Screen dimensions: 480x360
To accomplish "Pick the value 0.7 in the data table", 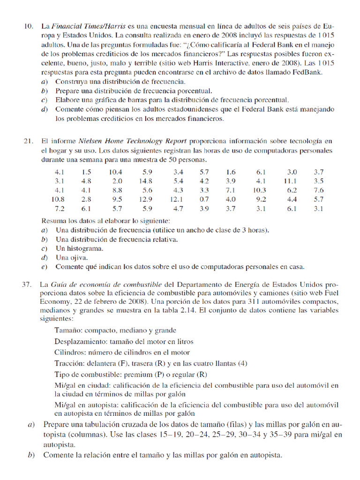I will tap(204, 199).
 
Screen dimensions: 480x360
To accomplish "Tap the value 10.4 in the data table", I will tap(115, 172).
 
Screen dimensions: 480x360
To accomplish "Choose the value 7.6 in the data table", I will tap(319, 190).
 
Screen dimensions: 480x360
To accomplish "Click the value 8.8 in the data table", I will tap(117, 190).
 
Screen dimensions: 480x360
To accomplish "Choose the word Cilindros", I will tap(70, 352).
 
